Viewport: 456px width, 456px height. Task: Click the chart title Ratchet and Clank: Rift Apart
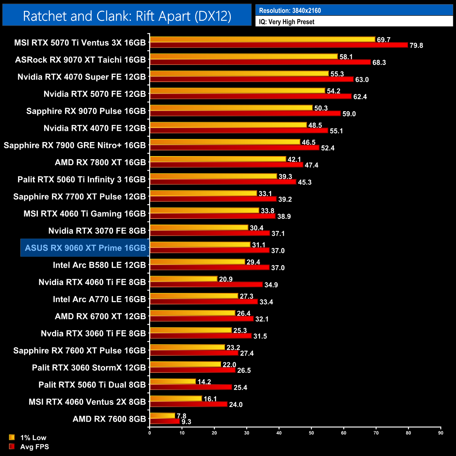tap(127, 16)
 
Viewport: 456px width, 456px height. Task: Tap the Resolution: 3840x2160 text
tap(290, 11)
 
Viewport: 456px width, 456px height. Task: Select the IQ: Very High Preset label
tap(287, 22)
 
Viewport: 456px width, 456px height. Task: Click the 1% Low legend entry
tap(33, 437)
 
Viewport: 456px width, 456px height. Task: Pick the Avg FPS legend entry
tap(34, 447)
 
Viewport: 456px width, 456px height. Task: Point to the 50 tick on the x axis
tap(311, 433)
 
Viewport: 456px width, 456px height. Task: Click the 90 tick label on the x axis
tap(441, 433)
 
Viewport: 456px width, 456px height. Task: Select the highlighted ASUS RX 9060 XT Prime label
tap(85, 248)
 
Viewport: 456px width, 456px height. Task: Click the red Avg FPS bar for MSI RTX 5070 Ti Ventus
tap(279, 45)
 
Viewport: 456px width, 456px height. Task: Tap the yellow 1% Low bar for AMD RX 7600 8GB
tap(162, 416)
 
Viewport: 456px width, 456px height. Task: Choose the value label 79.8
tap(416, 46)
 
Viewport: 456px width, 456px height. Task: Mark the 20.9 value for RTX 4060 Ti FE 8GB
tap(226, 279)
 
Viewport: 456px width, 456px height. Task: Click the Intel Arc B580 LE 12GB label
tap(99, 265)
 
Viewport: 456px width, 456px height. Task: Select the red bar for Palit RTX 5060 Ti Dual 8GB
tap(191, 387)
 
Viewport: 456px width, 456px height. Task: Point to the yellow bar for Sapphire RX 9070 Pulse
tap(231, 108)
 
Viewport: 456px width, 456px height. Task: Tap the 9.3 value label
tap(186, 422)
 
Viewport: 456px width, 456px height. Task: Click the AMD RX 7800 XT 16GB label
tap(100, 162)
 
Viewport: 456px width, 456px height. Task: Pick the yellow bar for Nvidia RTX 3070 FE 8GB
tap(199, 228)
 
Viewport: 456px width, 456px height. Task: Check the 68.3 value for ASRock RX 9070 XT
tap(379, 62)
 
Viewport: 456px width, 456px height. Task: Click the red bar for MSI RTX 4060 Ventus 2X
tap(189, 404)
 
